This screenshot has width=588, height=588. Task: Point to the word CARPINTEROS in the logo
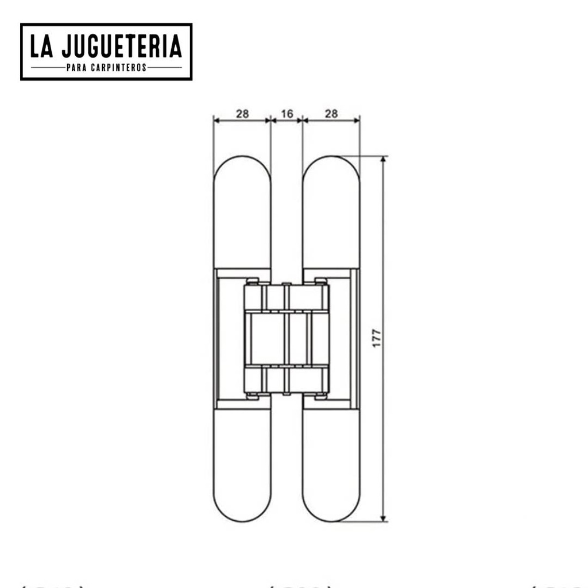pyautogui.click(x=118, y=68)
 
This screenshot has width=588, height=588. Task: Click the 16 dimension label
pyautogui.click(x=287, y=114)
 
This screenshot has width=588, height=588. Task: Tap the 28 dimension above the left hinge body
pyautogui.click(x=242, y=114)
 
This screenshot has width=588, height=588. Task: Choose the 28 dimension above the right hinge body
pyautogui.click(x=331, y=114)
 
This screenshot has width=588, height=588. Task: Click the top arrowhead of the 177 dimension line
pyautogui.click(x=383, y=160)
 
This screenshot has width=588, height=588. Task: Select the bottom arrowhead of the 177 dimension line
pyautogui.click(x=383, y=518)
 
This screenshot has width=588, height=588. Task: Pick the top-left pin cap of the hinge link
pyautogui.click(x=252, y=281)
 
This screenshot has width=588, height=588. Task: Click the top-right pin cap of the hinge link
pyautogui.click(x=321, y=281)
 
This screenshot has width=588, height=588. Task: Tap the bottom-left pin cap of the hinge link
pyautogui.click(x=252, y=396)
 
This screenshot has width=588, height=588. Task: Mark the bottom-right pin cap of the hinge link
pyautogui.click(x=321, y=396)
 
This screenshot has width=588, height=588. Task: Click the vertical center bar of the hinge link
pyautogui.click(x=286, y=339)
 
